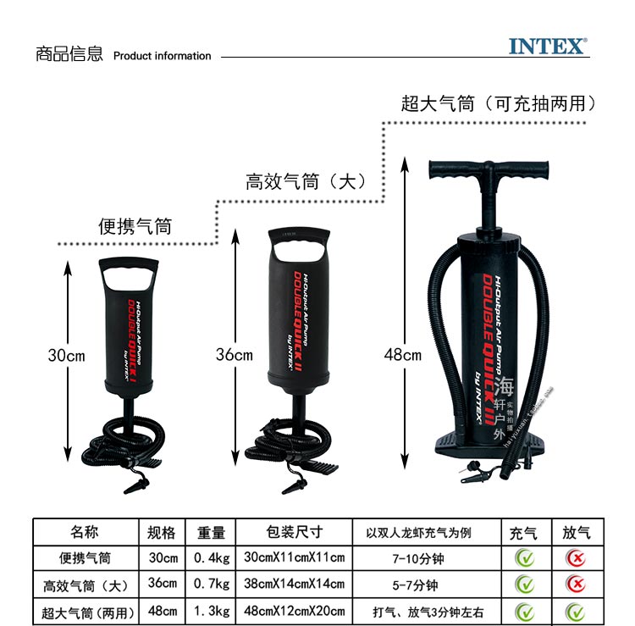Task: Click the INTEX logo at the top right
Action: pos(548,46)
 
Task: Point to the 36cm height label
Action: pos(234,355)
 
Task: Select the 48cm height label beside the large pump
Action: pos(401,355)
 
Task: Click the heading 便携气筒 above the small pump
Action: pos(135,226)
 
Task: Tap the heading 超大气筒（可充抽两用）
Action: pos(500,104)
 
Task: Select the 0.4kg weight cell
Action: pos(212,557)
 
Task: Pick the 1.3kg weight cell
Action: pos(212,611)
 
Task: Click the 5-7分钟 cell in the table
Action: pos(428,584)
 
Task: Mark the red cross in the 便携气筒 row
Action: pos(576,557)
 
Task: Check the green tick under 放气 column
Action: pos(576,611)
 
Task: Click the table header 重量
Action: pos(212,532)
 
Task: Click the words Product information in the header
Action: pos(162,56)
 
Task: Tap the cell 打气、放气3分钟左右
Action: pos(428,611)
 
